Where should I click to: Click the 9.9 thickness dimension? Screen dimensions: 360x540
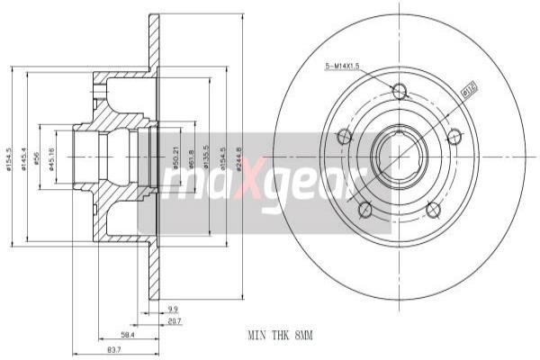(x=173, y=308)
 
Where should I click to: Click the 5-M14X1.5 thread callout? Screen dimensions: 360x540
(x=343, y=66)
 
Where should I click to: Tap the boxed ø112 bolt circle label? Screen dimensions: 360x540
(x=467, y=90)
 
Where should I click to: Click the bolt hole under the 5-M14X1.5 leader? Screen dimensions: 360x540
(x=400, y=91)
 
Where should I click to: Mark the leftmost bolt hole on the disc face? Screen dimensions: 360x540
(x=343, y=137)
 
